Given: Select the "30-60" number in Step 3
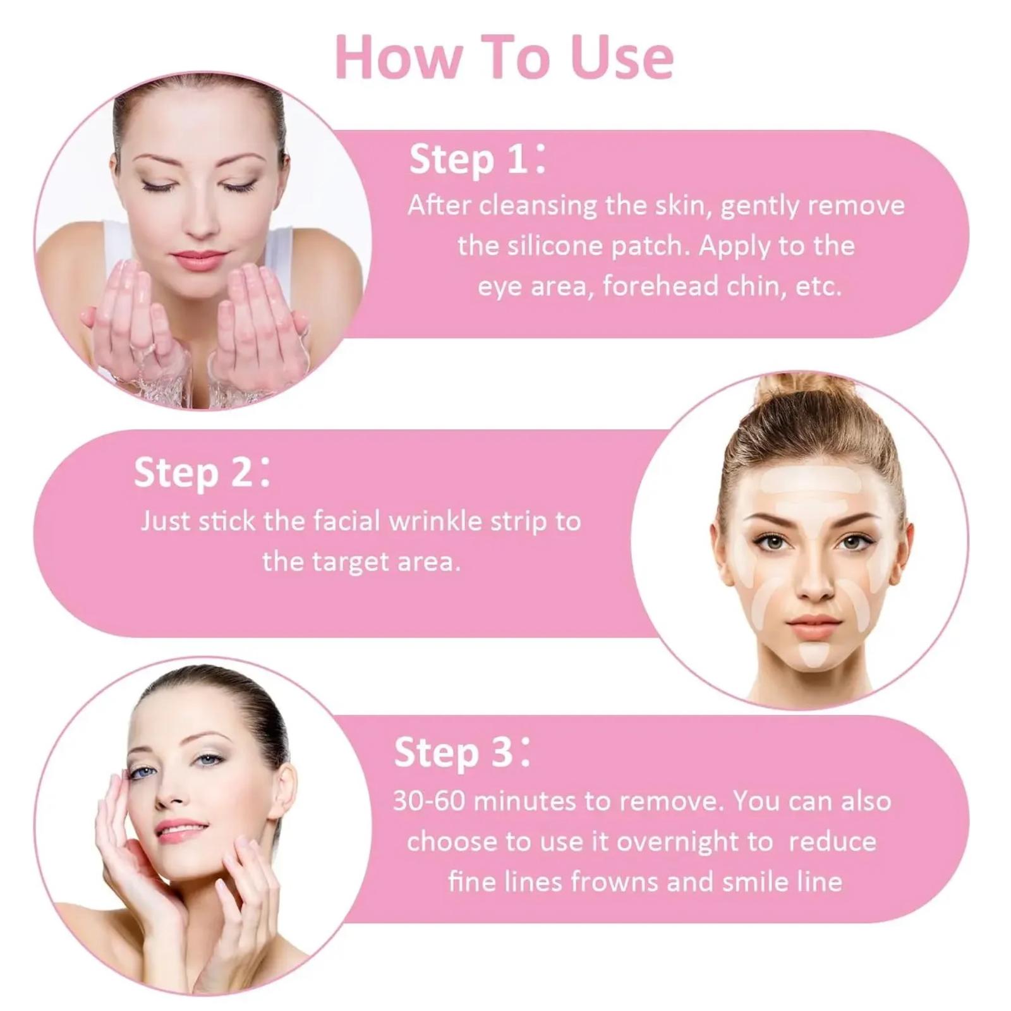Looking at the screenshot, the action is coord(430,801).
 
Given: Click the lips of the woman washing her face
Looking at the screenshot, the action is coord(199,259).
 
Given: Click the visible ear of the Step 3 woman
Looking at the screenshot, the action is coord(282,792).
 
